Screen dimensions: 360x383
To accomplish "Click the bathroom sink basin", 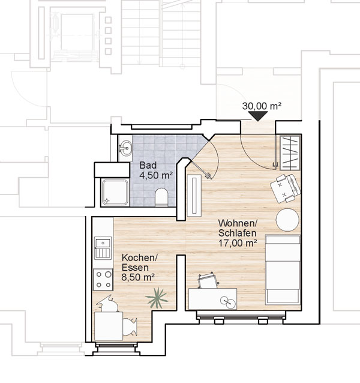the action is (x=125, y=148).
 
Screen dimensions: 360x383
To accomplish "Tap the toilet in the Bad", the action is (x=161, y=197).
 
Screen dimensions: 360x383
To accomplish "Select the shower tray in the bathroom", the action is (x=115, y=192).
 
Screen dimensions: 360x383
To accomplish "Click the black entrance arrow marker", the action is (x=258, y=116).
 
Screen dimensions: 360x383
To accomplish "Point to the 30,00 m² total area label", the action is (x=262, y=106).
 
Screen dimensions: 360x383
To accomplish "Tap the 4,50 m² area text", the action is (x=156, y=175).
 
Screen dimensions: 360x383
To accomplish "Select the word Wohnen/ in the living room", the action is (x=238, y=223).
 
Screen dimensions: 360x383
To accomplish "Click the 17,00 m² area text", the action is (x=238, y=243).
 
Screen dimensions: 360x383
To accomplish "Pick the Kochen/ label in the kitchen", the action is (x=140, y=258).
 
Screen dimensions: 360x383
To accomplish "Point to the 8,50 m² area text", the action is (x=138, y=277).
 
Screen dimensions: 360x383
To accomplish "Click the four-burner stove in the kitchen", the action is (x=103, y=279).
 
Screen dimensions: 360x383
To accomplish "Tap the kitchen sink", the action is (x=103, y=248).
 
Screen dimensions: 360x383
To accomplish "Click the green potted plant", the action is (x=157, y=298).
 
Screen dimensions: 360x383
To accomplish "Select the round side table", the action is (x=287, y=220).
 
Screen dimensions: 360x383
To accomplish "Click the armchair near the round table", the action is (x=286, y=188).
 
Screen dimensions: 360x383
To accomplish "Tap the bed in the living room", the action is (x=283, y=270).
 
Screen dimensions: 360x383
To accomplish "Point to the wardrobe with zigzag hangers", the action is (x=290, y=153).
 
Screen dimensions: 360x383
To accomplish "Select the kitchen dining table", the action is (x=109, y=326).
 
